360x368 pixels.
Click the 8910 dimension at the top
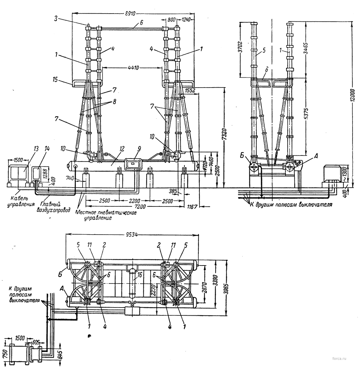pyautogui.click(x=130, y=14)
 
